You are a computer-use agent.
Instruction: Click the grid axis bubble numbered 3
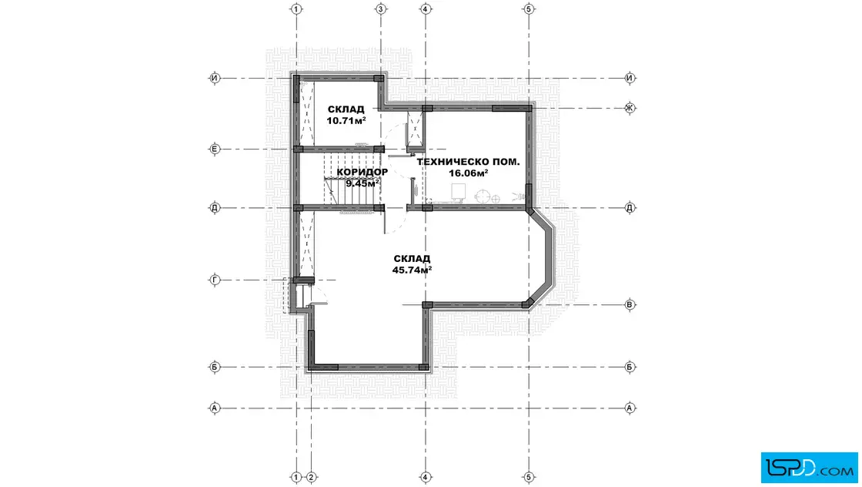pyautogui.click(x=380, y=8)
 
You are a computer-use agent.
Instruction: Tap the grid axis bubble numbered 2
pyautogui.click(x=311, y=477)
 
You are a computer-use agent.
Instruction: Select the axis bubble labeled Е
pyautogui.click(x=215, y=149)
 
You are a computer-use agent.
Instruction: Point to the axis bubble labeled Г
pyautogui.click(x=215, y=280)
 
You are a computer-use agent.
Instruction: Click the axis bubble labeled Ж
pyautogui.click(x=630, y=108)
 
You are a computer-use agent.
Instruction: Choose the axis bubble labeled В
pyautogui.click(x=630, y=304)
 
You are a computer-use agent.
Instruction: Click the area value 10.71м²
pyautogui.click(x=346, y=120)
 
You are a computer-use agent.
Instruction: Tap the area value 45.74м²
pyautogui.click(x=412, y=270)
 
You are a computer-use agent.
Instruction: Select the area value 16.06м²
pyautogui.click(x=469, y=173)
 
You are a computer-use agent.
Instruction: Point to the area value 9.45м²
pyautogui.click(x=363, y=183)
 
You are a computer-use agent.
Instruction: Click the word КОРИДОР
pyautogui.click(x=363, y=173)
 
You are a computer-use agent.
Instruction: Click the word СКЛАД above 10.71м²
pyautogui.click(x=346, y=109)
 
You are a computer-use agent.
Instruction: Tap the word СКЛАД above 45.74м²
pyautogui.click(x=412, y=259)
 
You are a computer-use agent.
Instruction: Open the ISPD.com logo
pyautogui.click(x=809, y=468)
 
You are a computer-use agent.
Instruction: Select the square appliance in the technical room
pyautogui.click(x=459, y=192)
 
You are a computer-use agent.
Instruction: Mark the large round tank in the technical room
pyautogui.click(x=483, y=196)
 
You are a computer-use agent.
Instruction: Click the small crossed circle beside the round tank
pyautogui.click(x=496, y=200)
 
